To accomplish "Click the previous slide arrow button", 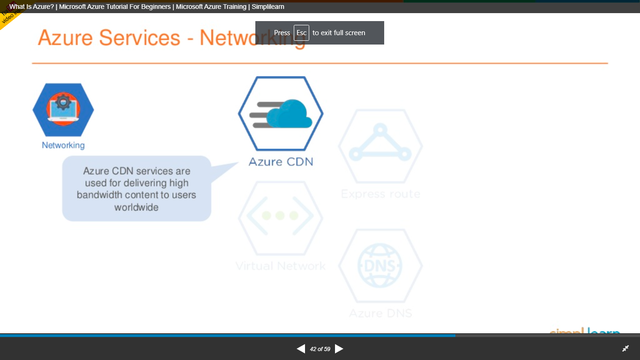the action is point(301,349).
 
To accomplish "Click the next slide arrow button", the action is point(339,349).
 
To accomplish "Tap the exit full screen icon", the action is point(625,349).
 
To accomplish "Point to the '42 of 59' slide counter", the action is point(320,349).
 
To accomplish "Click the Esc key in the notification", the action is point(301,33).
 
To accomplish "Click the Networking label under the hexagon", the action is point(63,145).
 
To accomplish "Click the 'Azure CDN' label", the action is point(281,162).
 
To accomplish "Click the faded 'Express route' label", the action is point(380,194).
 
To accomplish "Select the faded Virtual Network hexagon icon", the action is point(280,216).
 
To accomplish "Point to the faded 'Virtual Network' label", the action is point(280,266).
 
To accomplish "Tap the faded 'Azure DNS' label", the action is point(380,313).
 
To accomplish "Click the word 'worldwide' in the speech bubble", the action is point(136,207).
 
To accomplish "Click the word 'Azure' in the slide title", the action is point(66,37).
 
